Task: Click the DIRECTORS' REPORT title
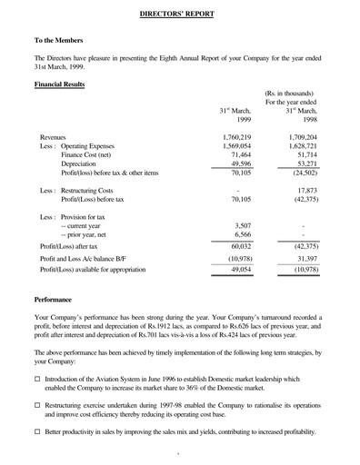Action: coord(179,15)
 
